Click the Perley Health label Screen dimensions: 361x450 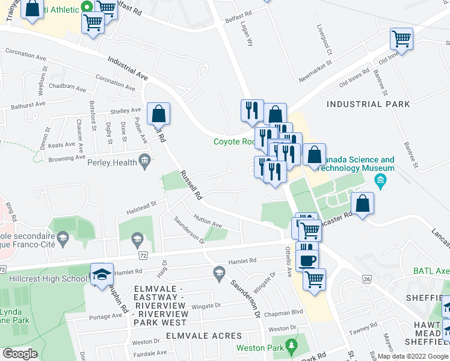click(112, 162)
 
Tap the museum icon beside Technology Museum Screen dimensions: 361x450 click(380, 180)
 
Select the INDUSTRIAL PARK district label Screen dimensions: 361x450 click(368, 104)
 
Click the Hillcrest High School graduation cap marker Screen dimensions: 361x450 click(102, 274)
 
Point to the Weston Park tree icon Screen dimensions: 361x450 click(292, 347)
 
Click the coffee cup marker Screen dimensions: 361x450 click(307, 260)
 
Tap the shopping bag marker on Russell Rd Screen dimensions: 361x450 click(158, 113)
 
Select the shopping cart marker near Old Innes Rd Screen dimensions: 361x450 click(401, 40)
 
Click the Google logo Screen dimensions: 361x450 click(20, 353)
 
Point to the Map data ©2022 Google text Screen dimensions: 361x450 click(413, 356)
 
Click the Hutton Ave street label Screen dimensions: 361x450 click(208, 221)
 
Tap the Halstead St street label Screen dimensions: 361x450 click(141, 208)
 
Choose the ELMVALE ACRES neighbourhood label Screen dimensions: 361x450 click(204, 336)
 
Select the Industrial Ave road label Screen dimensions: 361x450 click(128, 69)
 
